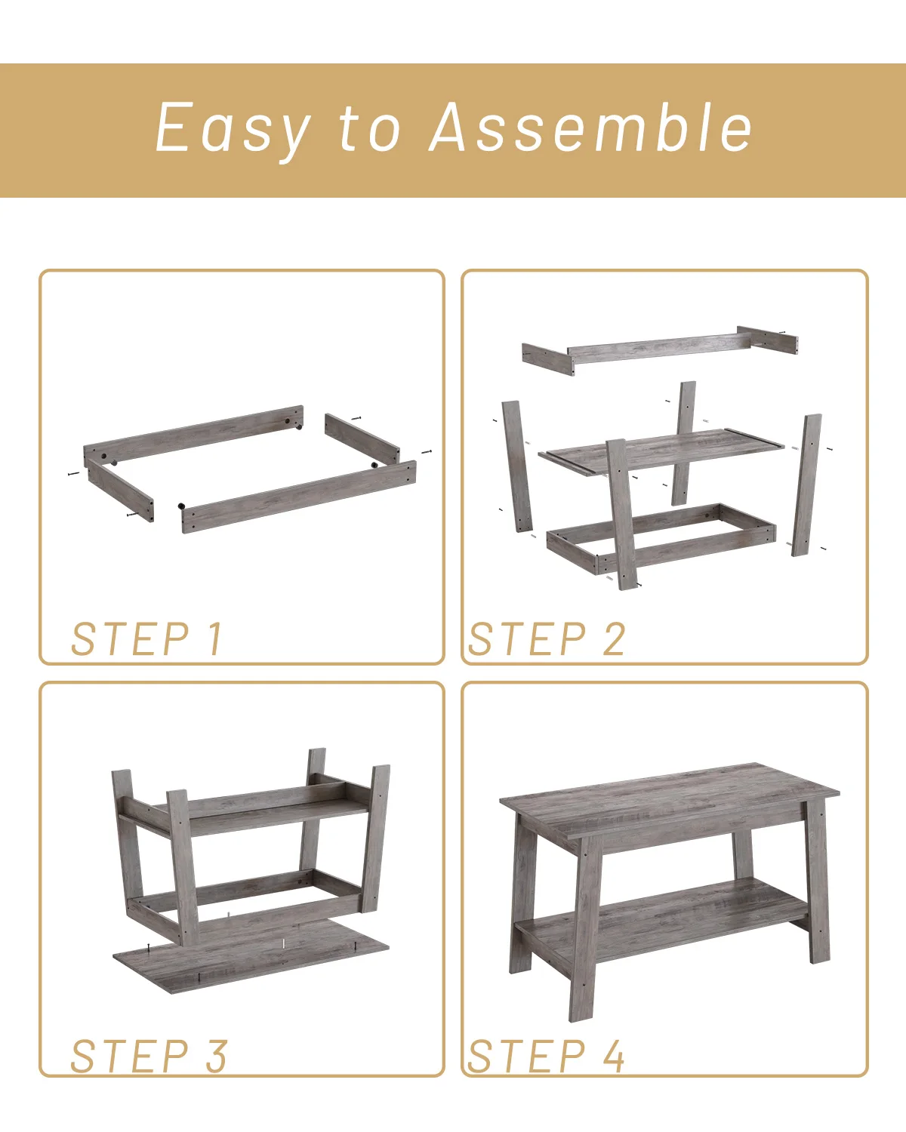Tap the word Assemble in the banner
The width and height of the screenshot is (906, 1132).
coord(590,128)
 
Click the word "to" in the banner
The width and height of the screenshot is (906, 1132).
coord(369,130)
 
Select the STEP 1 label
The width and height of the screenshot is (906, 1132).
coord(147,639)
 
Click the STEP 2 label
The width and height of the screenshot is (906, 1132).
coord(547,639)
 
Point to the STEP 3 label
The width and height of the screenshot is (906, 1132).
coord(149,1056)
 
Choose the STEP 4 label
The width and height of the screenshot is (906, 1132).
coord(547,1056)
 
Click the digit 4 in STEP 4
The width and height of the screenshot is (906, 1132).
coord(614,1056)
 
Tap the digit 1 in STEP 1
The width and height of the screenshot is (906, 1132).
coord(215,639)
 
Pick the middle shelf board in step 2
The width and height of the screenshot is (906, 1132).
coord(664,451)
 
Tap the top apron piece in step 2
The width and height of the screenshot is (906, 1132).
coord(657,349)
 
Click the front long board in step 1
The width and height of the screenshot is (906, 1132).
coord(299,497)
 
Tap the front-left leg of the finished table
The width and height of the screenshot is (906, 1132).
coord(584,936)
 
